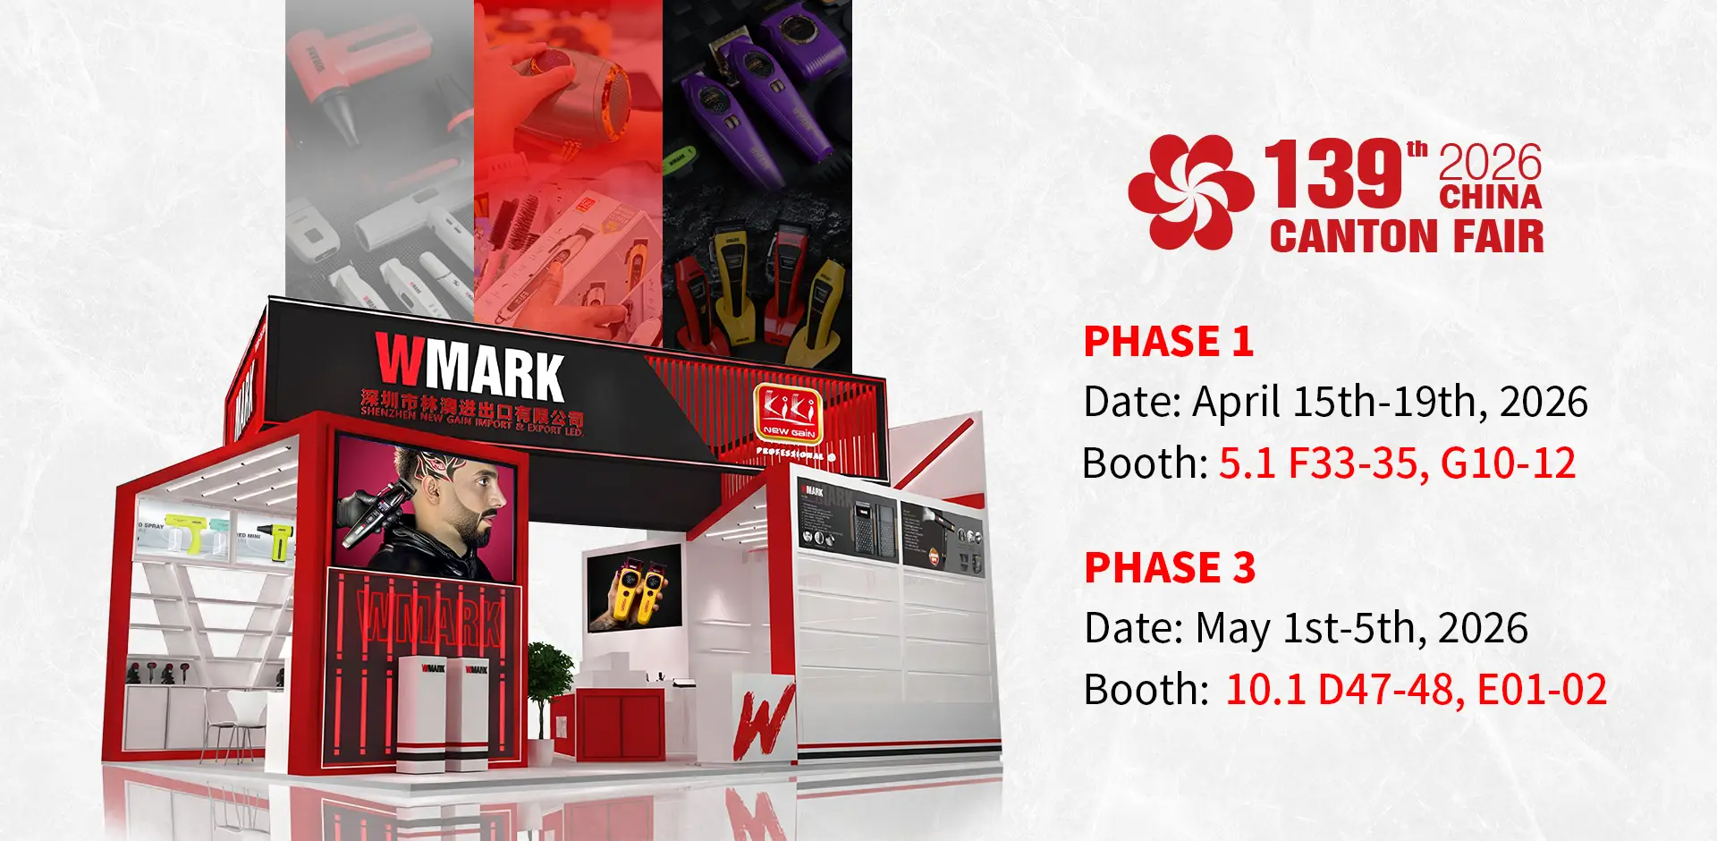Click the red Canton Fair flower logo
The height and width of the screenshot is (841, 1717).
click(x=1189, y=192)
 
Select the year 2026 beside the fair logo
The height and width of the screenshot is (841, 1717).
click(x=1490, y=162)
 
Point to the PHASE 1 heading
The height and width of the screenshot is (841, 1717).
click(x=1168, y=342)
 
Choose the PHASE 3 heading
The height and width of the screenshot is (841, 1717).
click(x=1170, y=568)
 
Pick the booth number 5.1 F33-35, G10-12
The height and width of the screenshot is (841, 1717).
click(x=1397, y=463)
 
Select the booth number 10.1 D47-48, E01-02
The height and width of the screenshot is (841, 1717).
click(x=1416, y=690)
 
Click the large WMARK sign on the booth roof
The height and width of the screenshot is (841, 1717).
click(x=469, y=365)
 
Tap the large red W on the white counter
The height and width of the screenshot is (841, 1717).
click(x=764, y=720)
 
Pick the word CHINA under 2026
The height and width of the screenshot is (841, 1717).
click(x=1490, y=197)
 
